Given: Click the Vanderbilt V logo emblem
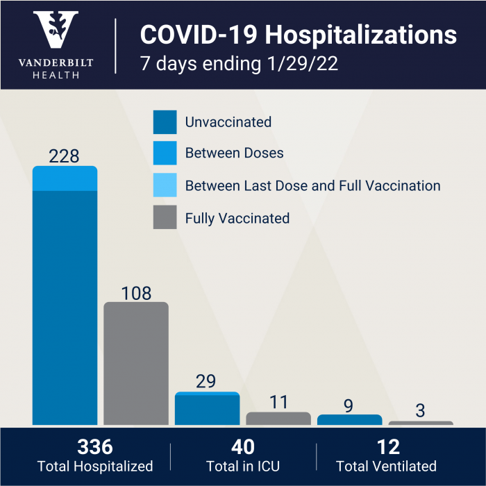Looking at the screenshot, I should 57,31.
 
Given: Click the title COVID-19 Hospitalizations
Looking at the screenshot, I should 299,35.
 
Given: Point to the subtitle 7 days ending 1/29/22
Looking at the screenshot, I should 240,63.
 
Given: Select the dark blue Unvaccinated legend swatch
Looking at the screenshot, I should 165,122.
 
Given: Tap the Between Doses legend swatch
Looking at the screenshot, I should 165,153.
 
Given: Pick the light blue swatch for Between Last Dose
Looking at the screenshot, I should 165,186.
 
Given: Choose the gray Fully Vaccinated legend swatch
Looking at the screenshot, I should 165,218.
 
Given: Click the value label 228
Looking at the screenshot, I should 64,156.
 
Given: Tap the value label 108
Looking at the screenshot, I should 136,293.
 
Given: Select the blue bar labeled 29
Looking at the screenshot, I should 207,410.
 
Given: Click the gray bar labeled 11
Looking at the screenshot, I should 278,418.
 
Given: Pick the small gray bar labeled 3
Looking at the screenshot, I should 421,422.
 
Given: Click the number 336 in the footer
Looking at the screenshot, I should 94,446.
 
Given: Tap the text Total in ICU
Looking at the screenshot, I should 242,467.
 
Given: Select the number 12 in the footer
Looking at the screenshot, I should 386,446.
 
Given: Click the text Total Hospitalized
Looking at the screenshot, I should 94,467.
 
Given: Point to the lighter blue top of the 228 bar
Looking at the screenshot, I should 65,178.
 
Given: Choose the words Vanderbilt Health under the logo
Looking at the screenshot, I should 56,68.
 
